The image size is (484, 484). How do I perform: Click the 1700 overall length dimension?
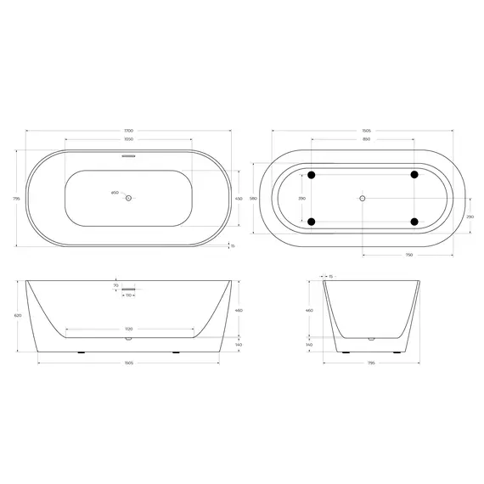(x=128, y=130)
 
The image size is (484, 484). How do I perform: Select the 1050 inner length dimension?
(x=128, y=138)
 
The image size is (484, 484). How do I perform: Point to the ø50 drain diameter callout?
(x=115, y=194)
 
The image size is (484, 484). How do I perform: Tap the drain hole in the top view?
(x=128, y=199)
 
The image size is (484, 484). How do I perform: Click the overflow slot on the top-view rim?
(x=128, y=155)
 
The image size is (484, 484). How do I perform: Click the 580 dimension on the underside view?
(x=265, y=199)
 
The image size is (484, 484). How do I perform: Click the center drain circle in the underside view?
(x=363, y=199)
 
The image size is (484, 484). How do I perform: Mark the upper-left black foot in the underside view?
(x=312, y=175)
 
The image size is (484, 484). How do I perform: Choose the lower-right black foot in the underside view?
(x=414, y=222)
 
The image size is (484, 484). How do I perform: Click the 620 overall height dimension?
(x=16, y=314)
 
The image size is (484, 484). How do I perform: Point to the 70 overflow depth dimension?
(x=116, y=286)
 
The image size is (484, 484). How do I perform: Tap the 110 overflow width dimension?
(x=128, y=295)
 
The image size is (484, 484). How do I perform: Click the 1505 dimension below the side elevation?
(x=128, y=362)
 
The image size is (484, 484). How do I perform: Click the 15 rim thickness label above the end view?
(x=331, y=276)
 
